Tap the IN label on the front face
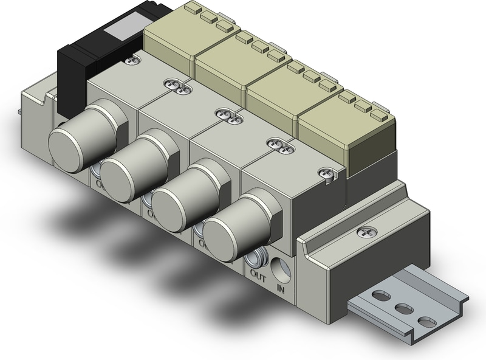(281, 286)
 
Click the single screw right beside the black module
(132, 60)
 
